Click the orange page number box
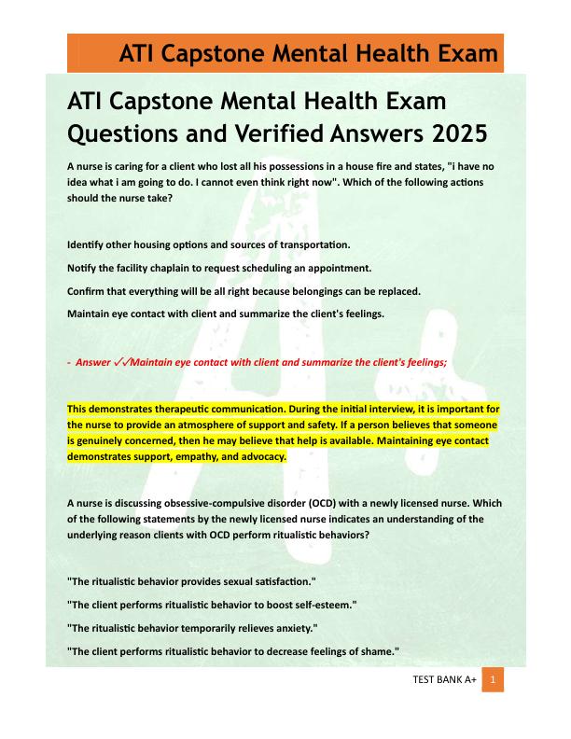tap(493, 680)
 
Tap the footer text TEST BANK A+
tap(444, 681)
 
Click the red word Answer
tap(92, 362)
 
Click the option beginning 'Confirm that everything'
tap(244, 292)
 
